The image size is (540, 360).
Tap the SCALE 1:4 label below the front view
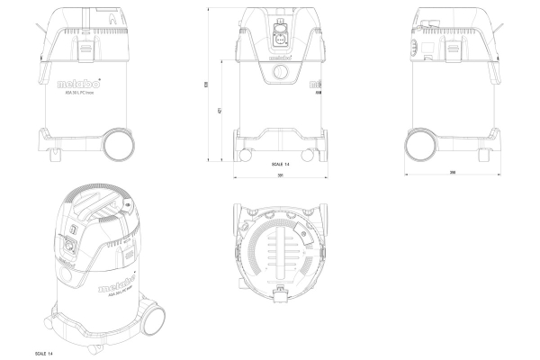(x=280, y=165)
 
